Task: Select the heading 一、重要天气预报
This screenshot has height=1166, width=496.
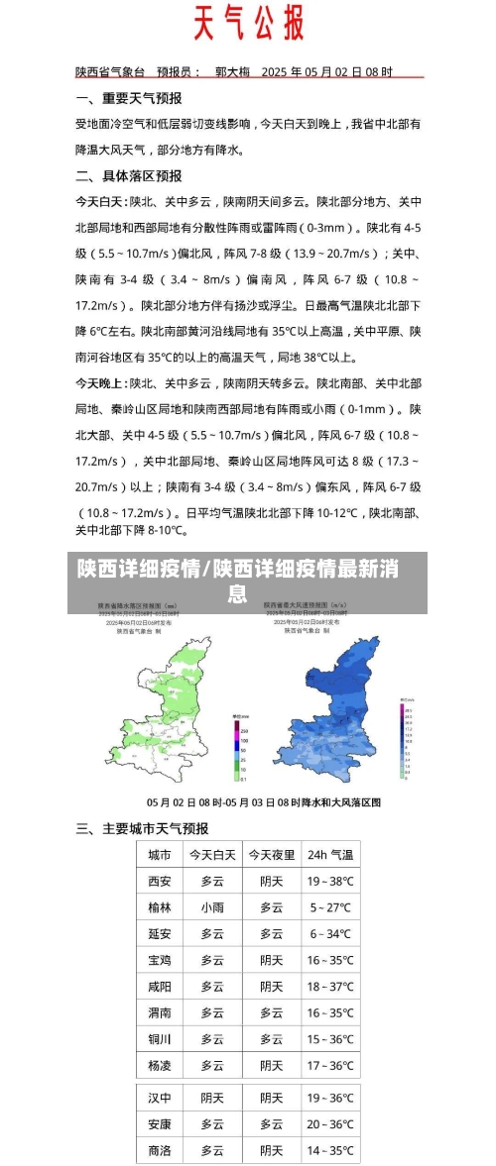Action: click(x=128, y=99)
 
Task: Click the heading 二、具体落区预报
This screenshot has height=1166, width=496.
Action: click(x=128, y=175)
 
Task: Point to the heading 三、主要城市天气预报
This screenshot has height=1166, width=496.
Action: click(x=142, y=828)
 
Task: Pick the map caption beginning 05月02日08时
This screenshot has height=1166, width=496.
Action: click(x=264, y=801)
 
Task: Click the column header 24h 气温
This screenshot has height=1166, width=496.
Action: click(x=329, y=854)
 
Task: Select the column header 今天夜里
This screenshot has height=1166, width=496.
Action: click(x=271, y=854)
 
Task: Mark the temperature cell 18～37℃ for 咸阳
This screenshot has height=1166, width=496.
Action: click(x=329, y=987)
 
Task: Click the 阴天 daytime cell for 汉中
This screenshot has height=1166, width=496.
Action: click(x=212, y=1098)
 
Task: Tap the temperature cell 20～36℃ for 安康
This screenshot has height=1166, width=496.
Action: click(x=329, y=1124)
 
